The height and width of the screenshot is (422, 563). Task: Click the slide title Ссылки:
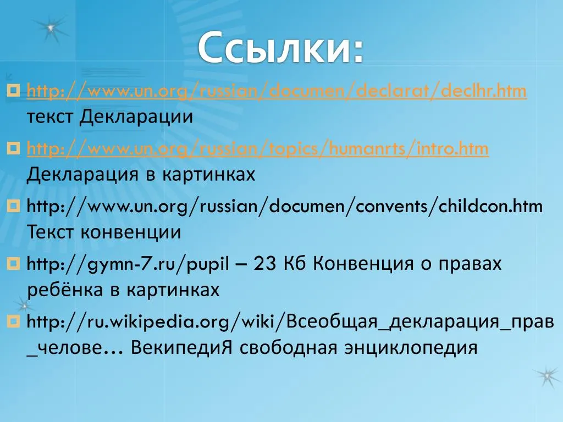pyautogui.click(x=281, y=48)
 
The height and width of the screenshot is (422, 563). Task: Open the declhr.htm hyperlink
pyautogui.click(x=277, y=91)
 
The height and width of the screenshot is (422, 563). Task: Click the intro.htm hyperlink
pyautogui.click(x=257, y=148)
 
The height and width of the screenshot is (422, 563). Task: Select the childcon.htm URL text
pyautogui.click(x=285, y=207)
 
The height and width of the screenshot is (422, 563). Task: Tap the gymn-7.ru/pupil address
pyautogui.click(x=128, y=264)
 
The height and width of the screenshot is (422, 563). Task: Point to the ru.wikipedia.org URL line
pyautogui.click(x=290, y=322)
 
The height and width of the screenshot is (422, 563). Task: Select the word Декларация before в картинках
pyautogui.click(x=82, y=175)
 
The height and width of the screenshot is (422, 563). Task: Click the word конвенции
pyautogui.click(x=131, y=232)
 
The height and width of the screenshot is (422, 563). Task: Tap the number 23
pyautogui.click(x=265, y=264)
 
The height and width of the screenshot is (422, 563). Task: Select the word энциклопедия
pyautogui.click(x=411, y=348)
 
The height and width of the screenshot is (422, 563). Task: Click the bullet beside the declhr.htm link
pyautogui.click(x=13, y=90)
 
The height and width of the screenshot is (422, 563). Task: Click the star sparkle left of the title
pyautogui.click(x=50, y=29)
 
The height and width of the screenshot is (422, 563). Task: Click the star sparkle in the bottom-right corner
pyautogui.click(x=547, y=376)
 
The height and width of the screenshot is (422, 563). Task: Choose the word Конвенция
pyautogui.click(x=363, y=264)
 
